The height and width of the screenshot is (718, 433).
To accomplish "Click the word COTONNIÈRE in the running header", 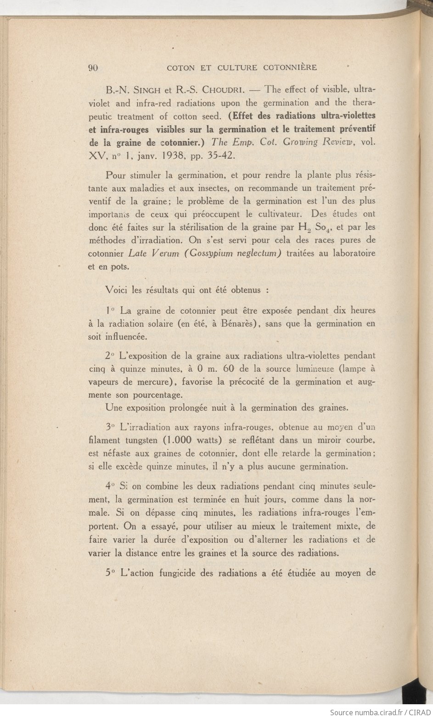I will coord(290,68).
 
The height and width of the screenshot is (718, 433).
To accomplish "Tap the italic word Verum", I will coord(163,253).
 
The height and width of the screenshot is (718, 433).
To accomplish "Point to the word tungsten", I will coord(138,440).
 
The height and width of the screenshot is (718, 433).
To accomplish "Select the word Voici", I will coord(116,290).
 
